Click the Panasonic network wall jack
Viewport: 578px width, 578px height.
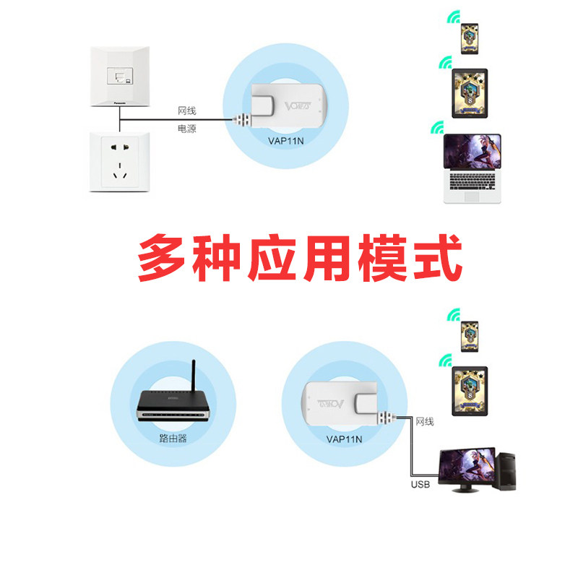(x=118, y=75)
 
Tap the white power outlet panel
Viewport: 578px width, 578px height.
(x=119, y=161)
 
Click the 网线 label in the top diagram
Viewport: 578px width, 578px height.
(x=187, y=111)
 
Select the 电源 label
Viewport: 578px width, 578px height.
(x=187, y=129)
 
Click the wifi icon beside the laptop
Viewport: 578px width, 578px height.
(x=436, y=129)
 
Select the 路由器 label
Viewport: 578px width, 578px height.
(x=173, y=438)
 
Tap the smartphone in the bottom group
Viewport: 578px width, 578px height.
(x=470, y=334)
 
